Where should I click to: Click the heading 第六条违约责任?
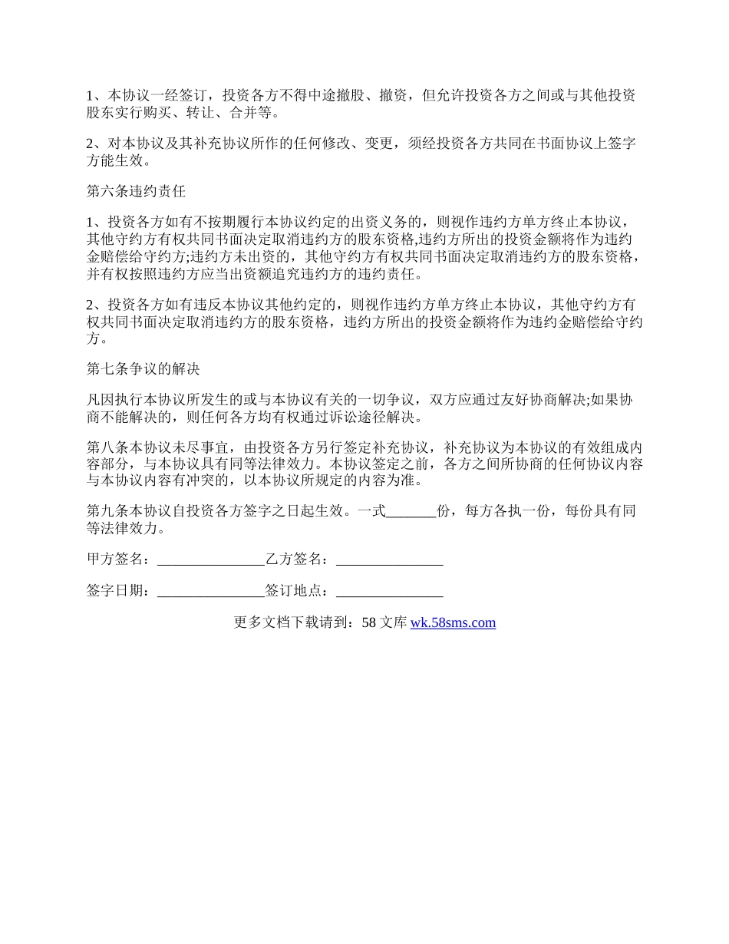point(136,190)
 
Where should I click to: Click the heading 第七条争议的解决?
point(143,368)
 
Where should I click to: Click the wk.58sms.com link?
point(453,622)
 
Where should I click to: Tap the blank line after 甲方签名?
point(210,559)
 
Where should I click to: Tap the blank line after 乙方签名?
point(389,559)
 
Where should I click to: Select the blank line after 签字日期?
point(210,591)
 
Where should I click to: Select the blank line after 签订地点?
point(389,591)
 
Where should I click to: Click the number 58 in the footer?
point(368,622)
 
